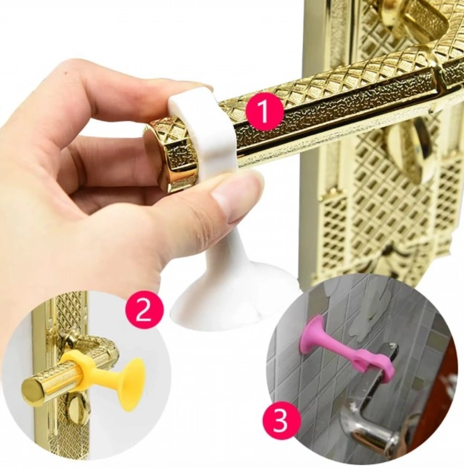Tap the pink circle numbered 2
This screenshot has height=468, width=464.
(145, 312)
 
